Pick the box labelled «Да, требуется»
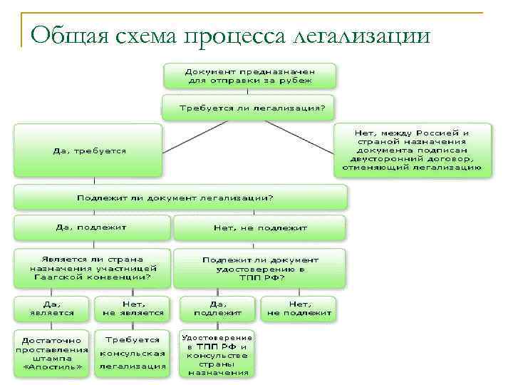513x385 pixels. point(88,150)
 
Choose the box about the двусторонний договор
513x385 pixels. point(413,150)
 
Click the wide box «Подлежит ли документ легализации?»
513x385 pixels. point(180,197)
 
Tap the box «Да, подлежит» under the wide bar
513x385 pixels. point(92,227)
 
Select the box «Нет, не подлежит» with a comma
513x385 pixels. point(260,228)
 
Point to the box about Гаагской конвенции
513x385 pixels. point(92,268)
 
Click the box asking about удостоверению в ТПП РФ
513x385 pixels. point(260,268)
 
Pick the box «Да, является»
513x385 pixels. point(52,308)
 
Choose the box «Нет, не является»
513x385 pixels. point(133,308)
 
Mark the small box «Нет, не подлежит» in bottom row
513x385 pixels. point(299,308)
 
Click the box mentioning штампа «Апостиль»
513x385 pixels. point(52,352)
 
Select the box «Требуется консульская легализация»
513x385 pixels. point(133,352)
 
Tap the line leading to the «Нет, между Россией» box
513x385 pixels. point(299,137)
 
